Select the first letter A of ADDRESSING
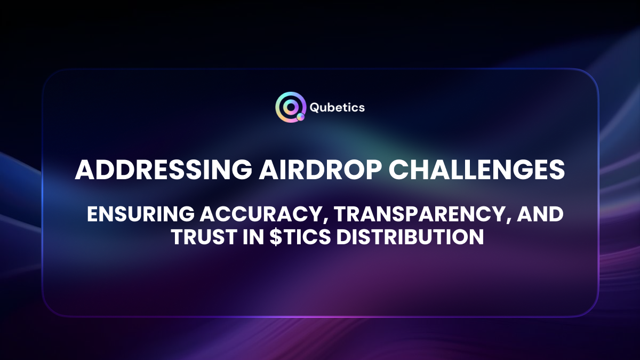pyautogui.click(x=84, y=170)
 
